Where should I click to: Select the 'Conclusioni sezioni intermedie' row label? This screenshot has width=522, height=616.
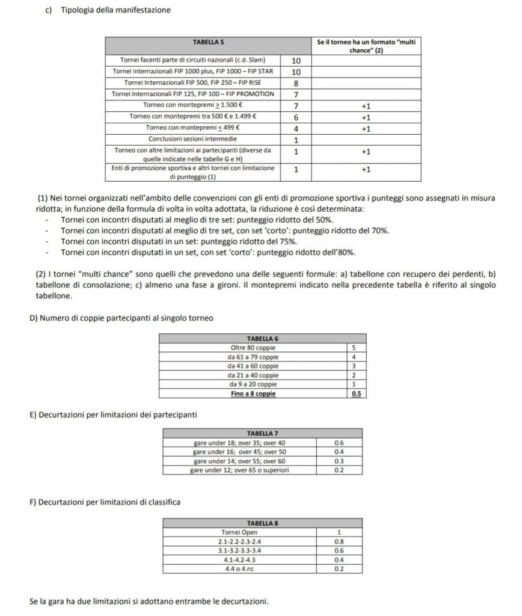[x=193, y=140]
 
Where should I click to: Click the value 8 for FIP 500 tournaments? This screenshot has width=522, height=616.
[x=295, y=83]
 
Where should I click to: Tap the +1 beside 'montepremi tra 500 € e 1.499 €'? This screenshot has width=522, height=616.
[x=366, y=117]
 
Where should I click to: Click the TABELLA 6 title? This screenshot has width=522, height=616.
[x=263, y=338]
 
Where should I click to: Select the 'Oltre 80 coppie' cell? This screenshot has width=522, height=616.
[x=254, y=347]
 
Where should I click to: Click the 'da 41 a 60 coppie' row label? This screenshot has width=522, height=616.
[x=254, y=366]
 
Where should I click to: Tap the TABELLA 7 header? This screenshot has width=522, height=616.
[x=263, y=433]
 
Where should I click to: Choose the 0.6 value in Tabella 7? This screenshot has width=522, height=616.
[x=339, y=442]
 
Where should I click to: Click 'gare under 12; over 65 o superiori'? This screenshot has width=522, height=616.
[x=239, y=470]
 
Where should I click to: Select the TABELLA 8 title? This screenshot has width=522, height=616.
[x=263, y=523]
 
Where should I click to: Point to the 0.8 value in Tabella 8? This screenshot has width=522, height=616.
[x=339, y=541]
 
